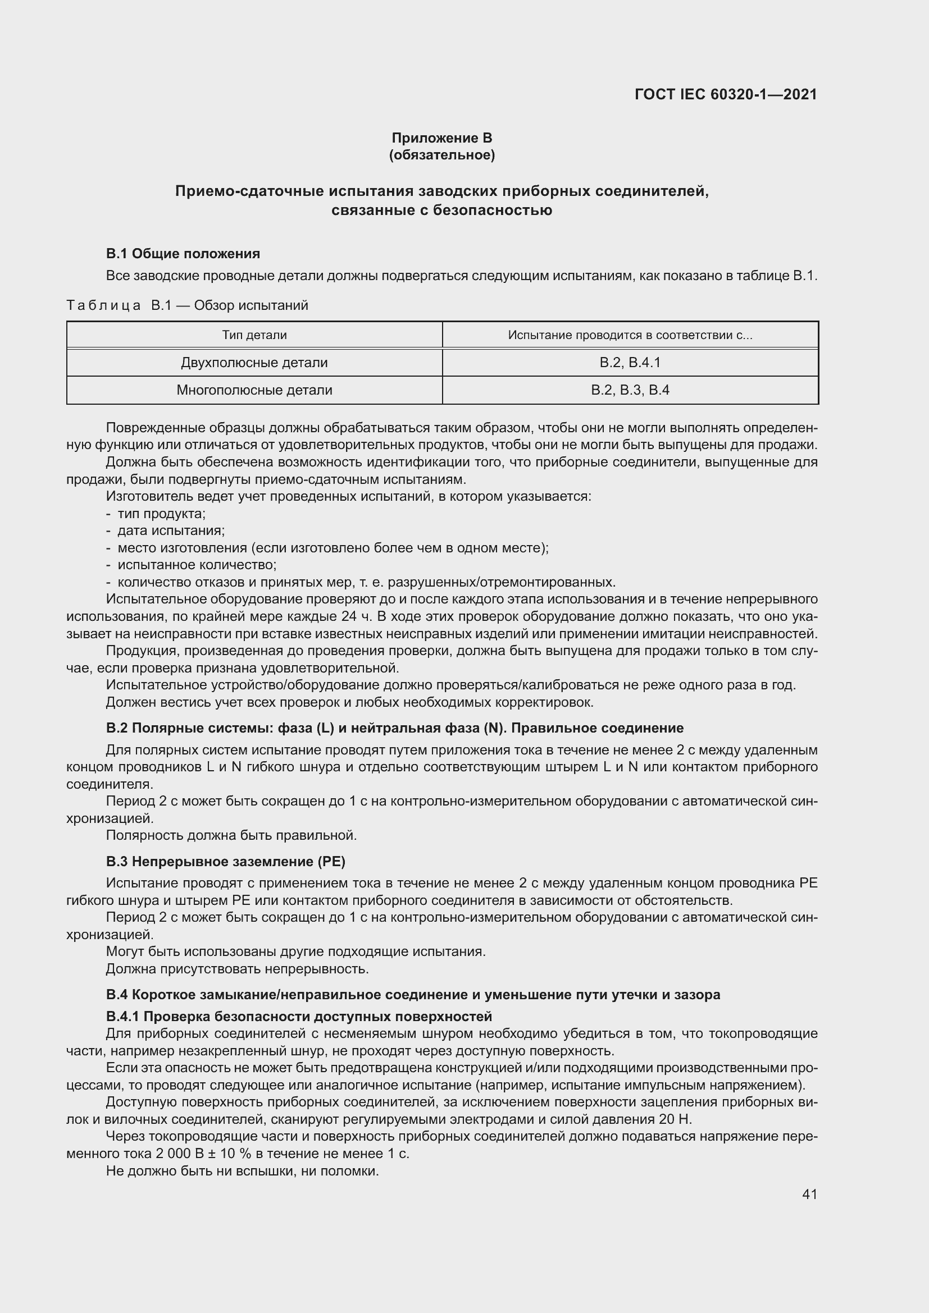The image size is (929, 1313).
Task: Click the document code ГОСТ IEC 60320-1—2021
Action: (x=725, y=94)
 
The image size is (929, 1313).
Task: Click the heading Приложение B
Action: (x=441, y=138)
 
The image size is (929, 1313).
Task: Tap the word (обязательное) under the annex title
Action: (x=441, y=155)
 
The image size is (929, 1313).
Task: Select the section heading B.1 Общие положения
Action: (x=183, y=253)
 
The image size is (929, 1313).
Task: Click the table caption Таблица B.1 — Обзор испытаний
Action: (x=187, y=305)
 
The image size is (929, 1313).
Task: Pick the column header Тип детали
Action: (x=254, y=335)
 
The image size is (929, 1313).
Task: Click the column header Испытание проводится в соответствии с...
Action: (x=630, y=335)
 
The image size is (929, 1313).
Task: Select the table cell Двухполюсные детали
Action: (x=254, y=363)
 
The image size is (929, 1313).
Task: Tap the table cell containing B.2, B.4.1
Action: (x=630, y=363)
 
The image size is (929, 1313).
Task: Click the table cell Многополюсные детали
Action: (x=254, y=390)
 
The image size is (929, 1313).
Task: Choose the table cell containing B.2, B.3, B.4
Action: (x=630, y=390)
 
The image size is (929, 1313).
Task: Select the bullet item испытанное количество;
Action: (x=197, y=565)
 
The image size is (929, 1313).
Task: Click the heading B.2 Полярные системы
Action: (x=395, y=728)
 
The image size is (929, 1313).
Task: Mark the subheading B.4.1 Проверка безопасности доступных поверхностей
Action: (x=299, y=1016)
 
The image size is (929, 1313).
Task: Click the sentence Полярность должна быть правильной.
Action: (x=231, y=835)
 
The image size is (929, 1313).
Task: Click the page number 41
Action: (x=809, y=1194)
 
